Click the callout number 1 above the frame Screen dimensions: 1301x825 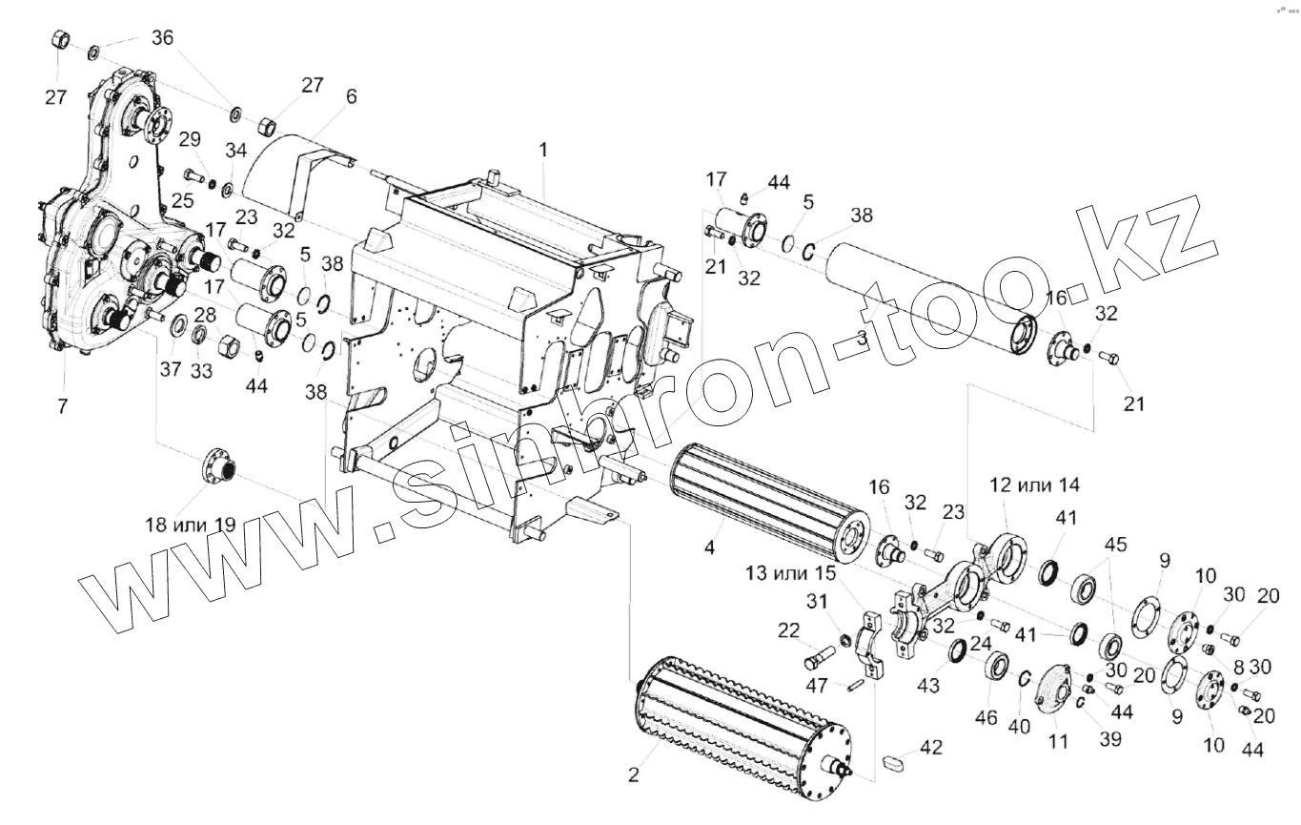pos(542,150)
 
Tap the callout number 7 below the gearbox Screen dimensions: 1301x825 pos(63,406)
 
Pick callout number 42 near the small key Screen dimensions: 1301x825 pos(930,748)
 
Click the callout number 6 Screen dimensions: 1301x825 pos(352,97)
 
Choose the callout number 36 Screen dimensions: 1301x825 pos(163,38)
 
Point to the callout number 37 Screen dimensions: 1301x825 pos(171,370)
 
